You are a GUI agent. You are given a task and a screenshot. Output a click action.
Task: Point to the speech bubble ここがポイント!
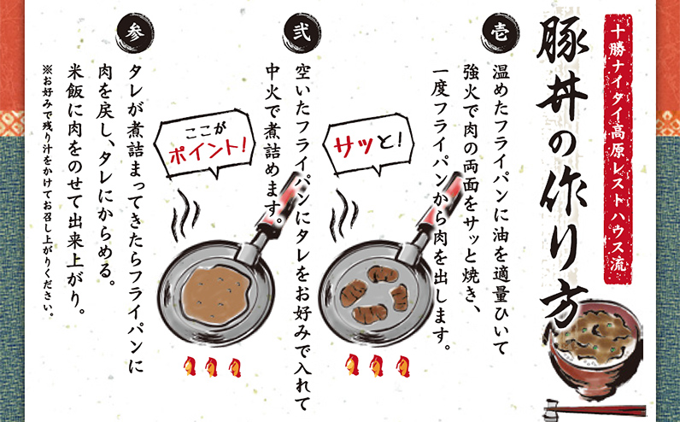coord(208,140)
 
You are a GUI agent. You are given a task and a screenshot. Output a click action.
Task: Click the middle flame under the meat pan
coord(373,366)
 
